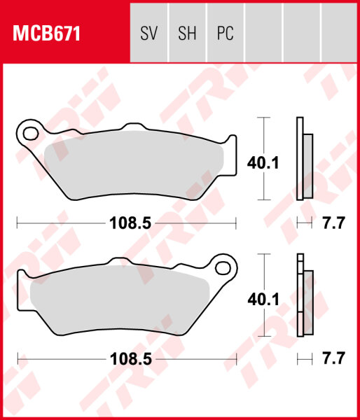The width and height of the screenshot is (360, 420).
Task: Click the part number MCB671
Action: (43, 34)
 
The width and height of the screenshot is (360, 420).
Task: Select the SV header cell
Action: (149, 34)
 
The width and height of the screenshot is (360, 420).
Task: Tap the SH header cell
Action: (187, 34)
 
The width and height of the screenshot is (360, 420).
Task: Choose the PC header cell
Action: (225, 34)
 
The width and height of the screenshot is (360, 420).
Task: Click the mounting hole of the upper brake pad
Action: (29, 131)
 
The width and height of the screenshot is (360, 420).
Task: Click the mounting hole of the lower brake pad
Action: (224, 267)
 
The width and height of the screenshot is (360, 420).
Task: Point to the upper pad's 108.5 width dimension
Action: (127, 224)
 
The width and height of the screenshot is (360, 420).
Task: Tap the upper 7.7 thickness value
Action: (333, 224)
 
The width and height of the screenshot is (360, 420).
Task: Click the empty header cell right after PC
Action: (263, 34)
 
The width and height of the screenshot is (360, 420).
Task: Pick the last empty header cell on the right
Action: (338, 34)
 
